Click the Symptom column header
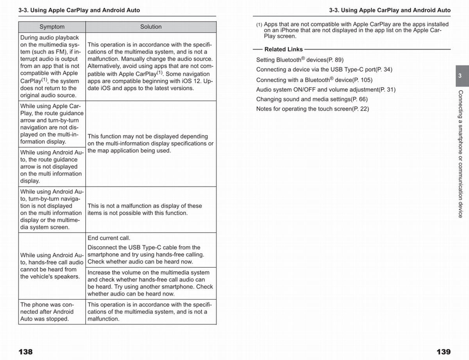52,27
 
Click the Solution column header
151,27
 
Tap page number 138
26,352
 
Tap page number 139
443,352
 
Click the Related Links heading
283,49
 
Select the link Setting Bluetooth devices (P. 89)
300,60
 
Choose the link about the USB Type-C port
324,70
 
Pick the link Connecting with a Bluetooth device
314,80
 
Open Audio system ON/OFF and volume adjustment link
326,90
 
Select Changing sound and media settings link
312,99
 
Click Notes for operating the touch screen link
312,109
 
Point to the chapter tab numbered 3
460,76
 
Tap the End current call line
109,238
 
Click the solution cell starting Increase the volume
150,283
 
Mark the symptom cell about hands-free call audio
52,266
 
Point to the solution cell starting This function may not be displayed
150,143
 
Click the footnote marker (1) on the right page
259,25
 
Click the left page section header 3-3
79,10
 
